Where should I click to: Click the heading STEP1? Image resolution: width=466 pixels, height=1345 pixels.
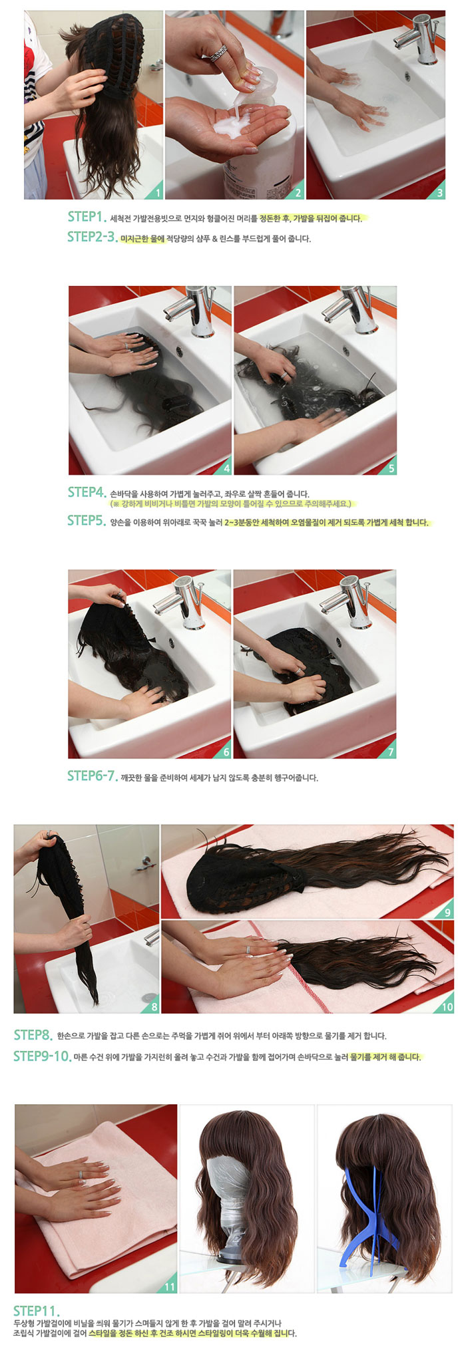(x=87, y=217)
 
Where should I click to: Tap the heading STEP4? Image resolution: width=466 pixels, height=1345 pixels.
(x=87, y=492)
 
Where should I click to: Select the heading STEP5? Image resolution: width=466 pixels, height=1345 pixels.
(x=87, y=521)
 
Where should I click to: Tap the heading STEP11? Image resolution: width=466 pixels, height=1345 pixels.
(x=37, y=1311)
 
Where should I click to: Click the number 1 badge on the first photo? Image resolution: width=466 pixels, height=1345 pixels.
(x=157, y=194)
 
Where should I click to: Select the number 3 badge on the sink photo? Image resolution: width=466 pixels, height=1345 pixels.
(x=439, y=194)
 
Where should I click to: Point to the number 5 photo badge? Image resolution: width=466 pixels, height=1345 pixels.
(x=391, y=468)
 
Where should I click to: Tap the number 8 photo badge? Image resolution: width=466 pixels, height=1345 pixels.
(x=154, y=1006)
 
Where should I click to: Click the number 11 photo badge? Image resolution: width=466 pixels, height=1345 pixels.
(x=169, y=1287)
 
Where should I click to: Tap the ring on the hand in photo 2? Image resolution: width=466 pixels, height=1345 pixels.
(x=220, y=53)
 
